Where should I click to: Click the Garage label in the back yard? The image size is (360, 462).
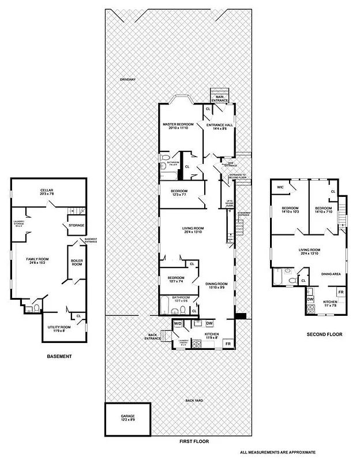click(127, 418)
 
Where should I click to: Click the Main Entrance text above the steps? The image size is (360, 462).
click(219, 99)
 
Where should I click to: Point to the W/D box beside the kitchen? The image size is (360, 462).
click(178, 325)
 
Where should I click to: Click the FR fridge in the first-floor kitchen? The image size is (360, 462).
click(228, 344)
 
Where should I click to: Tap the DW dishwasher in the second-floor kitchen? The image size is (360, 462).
click(310, 299)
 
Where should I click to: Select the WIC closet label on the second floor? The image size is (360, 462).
click(280, 187)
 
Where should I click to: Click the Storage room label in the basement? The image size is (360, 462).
click(77, 226)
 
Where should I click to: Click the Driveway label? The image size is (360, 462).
click(127, 79)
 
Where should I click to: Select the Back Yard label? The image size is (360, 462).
click(193, 400)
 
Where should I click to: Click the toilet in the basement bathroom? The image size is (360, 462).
click(36, 309)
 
